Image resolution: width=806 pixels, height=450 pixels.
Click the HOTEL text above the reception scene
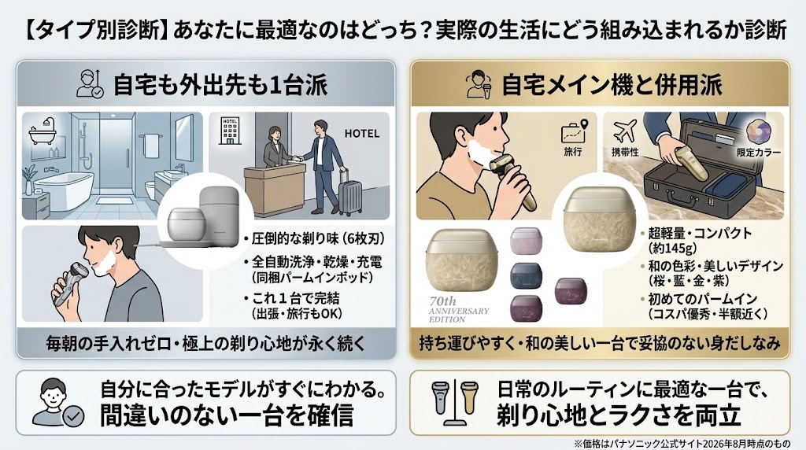[x=361, y=134]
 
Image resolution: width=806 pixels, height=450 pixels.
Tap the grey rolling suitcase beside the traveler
[x=350, y=190]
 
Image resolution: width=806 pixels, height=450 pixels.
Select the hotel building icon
[x=230, y=131]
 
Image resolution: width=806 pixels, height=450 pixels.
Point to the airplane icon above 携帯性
[x=625, y=131]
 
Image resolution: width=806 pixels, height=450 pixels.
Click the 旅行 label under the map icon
[x=573, y=152]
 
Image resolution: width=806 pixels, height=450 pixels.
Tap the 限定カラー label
[x=759, y=153]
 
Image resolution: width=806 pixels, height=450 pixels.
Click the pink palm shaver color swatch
[x=526, y=241]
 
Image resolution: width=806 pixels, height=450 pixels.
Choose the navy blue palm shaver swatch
[x=526, y=276]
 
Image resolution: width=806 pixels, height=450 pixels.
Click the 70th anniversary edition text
[x=459, y=310]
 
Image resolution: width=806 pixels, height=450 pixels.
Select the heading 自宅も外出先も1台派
[x=220, y=85]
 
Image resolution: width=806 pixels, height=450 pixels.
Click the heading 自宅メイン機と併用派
[x=612, y=85]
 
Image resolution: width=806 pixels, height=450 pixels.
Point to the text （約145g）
[x=672, y=249]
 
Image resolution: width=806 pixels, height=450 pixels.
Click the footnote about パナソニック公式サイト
[x=682, y=444]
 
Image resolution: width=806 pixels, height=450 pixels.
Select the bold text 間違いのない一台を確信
[x=227, y=415]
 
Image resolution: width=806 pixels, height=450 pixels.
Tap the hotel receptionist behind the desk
[x=272, y=148]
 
